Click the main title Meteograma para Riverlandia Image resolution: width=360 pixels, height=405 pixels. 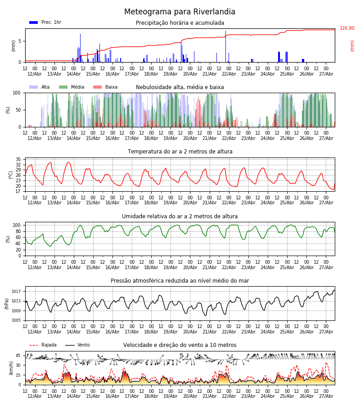click(x=180, y=12)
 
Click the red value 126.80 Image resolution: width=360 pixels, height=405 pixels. click(x=347, y=28)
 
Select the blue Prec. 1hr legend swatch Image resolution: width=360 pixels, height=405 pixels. click(x=34, y=22)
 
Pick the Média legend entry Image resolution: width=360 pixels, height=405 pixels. click(x=72, y=87)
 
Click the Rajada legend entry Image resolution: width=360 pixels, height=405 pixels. click(x=43, y=345)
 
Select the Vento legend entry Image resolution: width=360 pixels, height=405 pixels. click(x=77, y=345)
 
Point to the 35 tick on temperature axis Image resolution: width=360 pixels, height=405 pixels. click(x=18, y=159)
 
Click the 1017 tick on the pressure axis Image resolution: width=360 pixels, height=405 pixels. click(x=16, y=291)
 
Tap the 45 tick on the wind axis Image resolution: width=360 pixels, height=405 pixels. click(x=18, y=355)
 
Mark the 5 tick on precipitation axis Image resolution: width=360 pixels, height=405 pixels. click(x=20, y=41)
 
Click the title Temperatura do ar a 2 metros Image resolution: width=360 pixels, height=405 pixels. click(x=180, y=152)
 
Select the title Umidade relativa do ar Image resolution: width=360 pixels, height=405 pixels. click(x=180, y=216)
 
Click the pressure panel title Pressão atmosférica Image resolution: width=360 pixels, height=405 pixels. click(x=180, y=280)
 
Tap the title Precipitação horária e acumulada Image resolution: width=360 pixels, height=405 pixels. click(x=180, y=23)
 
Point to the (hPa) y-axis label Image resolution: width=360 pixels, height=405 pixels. click(x=7, y=304)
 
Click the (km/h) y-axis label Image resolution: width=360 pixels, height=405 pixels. click(x=11, y=368)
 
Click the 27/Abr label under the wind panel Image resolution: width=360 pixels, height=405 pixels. click(x=326, y=396)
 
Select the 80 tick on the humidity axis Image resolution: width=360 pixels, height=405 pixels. click(x=18, y=231)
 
